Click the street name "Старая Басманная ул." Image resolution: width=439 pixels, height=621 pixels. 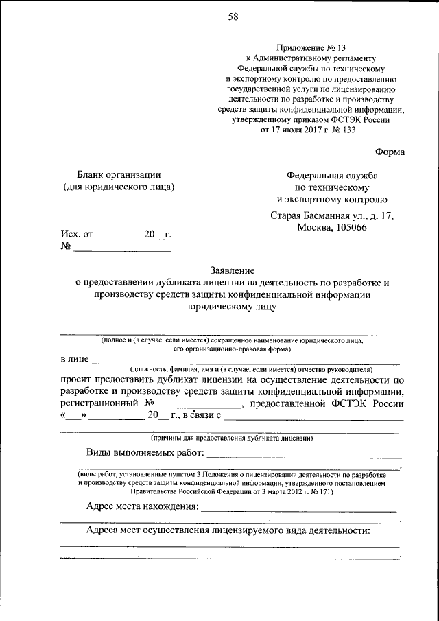tap(314, 216)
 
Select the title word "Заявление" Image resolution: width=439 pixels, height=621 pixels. tap(232, 270)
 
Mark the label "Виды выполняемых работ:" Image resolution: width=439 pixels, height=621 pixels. tap(145, 453)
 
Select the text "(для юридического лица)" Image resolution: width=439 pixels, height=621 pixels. tap(118, 187)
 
